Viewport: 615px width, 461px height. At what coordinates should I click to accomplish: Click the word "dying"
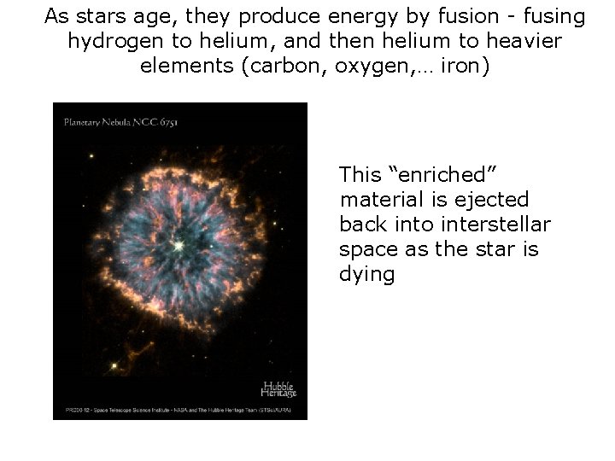coord(366,276)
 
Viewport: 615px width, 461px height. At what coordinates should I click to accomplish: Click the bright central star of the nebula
coord(179,246)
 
